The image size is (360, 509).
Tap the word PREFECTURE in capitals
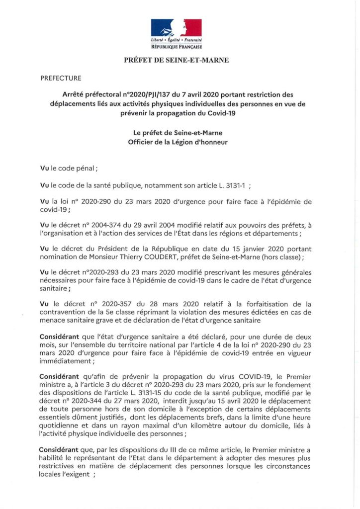[x=60, y=78]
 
